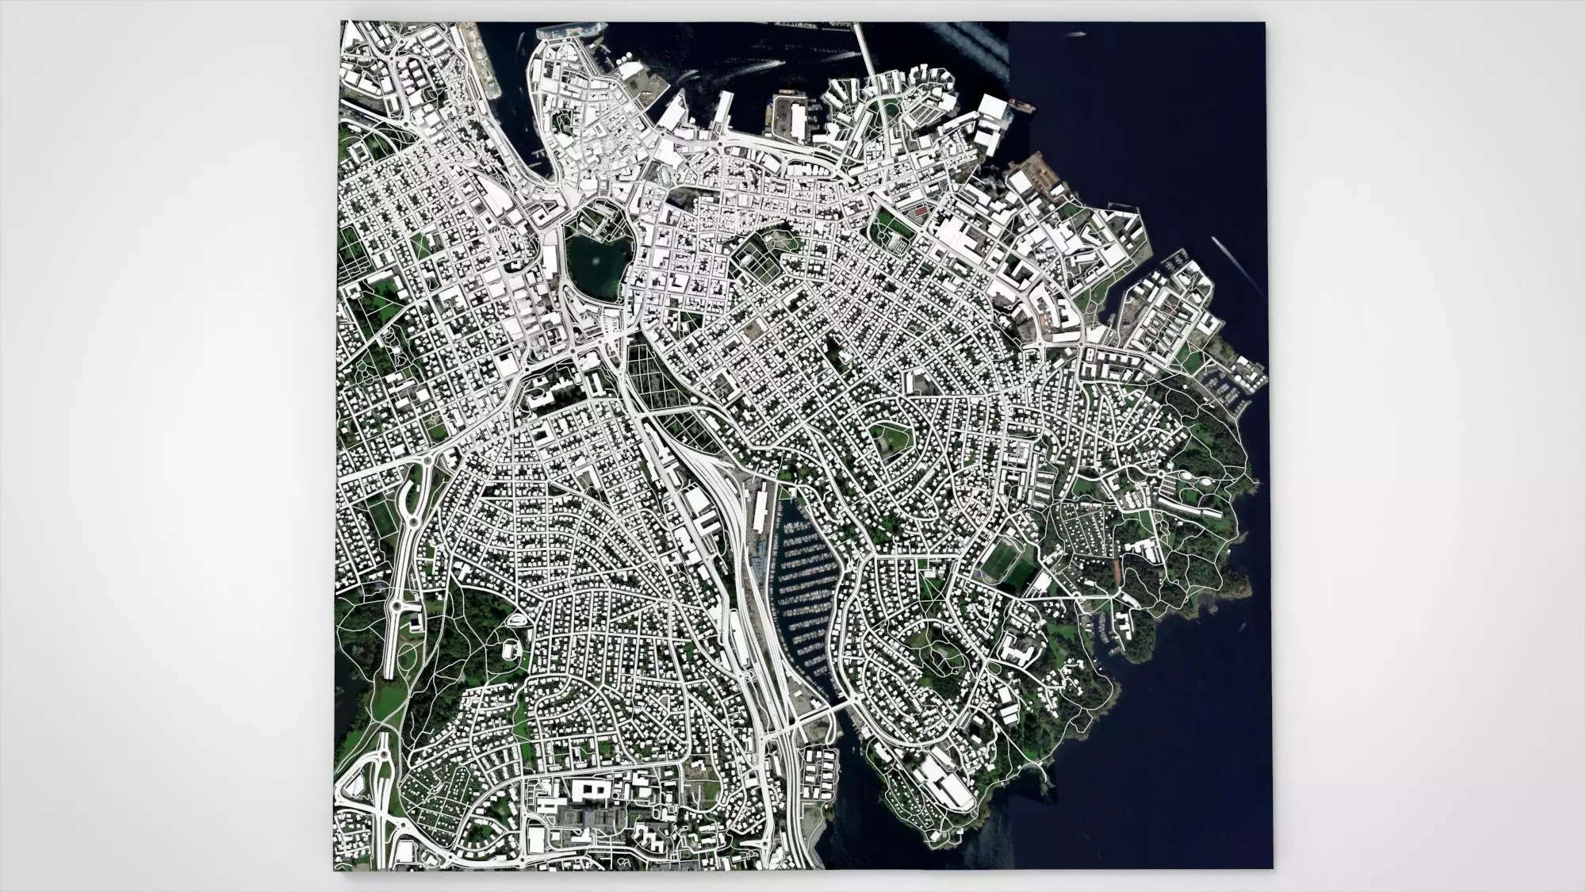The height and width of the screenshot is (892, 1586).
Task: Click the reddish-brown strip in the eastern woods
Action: click(1117, 569)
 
